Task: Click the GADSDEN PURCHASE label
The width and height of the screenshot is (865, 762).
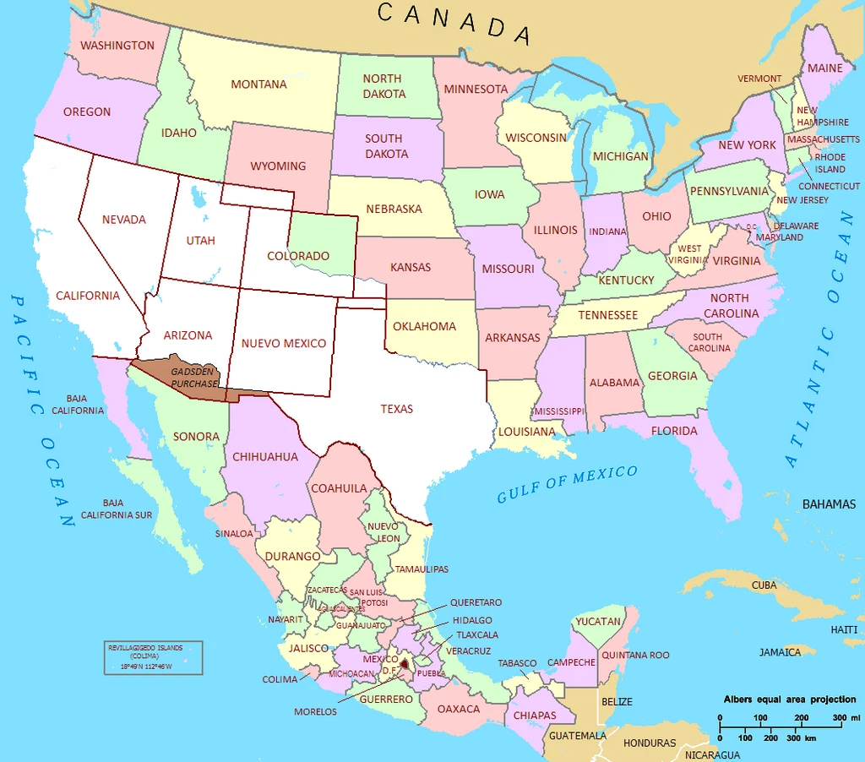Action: point(194,378)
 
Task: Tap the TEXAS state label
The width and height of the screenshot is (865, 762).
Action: point(396,409)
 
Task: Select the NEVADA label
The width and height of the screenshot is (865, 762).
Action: point(124,220)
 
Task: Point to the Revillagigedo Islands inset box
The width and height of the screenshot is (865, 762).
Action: point(153,656)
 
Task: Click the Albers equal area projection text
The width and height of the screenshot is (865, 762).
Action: point(789,699)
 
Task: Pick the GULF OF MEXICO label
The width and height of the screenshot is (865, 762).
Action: point(567,484)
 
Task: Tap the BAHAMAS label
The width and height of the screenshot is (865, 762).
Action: point(829,504)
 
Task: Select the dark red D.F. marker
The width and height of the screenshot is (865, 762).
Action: point(404,664)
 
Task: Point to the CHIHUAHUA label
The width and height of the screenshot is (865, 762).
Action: point(264,457)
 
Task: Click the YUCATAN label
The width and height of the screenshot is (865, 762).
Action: point(598,622)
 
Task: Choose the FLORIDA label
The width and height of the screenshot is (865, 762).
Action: point(674,431)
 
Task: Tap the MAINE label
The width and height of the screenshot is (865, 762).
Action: point(825,68)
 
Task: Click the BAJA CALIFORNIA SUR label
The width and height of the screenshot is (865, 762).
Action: point(117,509)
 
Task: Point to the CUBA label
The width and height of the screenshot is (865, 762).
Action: point(764,585)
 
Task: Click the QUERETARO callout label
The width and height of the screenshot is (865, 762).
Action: point(476,602)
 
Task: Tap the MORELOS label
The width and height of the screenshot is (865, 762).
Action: point(315,711)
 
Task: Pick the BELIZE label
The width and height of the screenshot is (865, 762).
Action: point(617,701)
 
